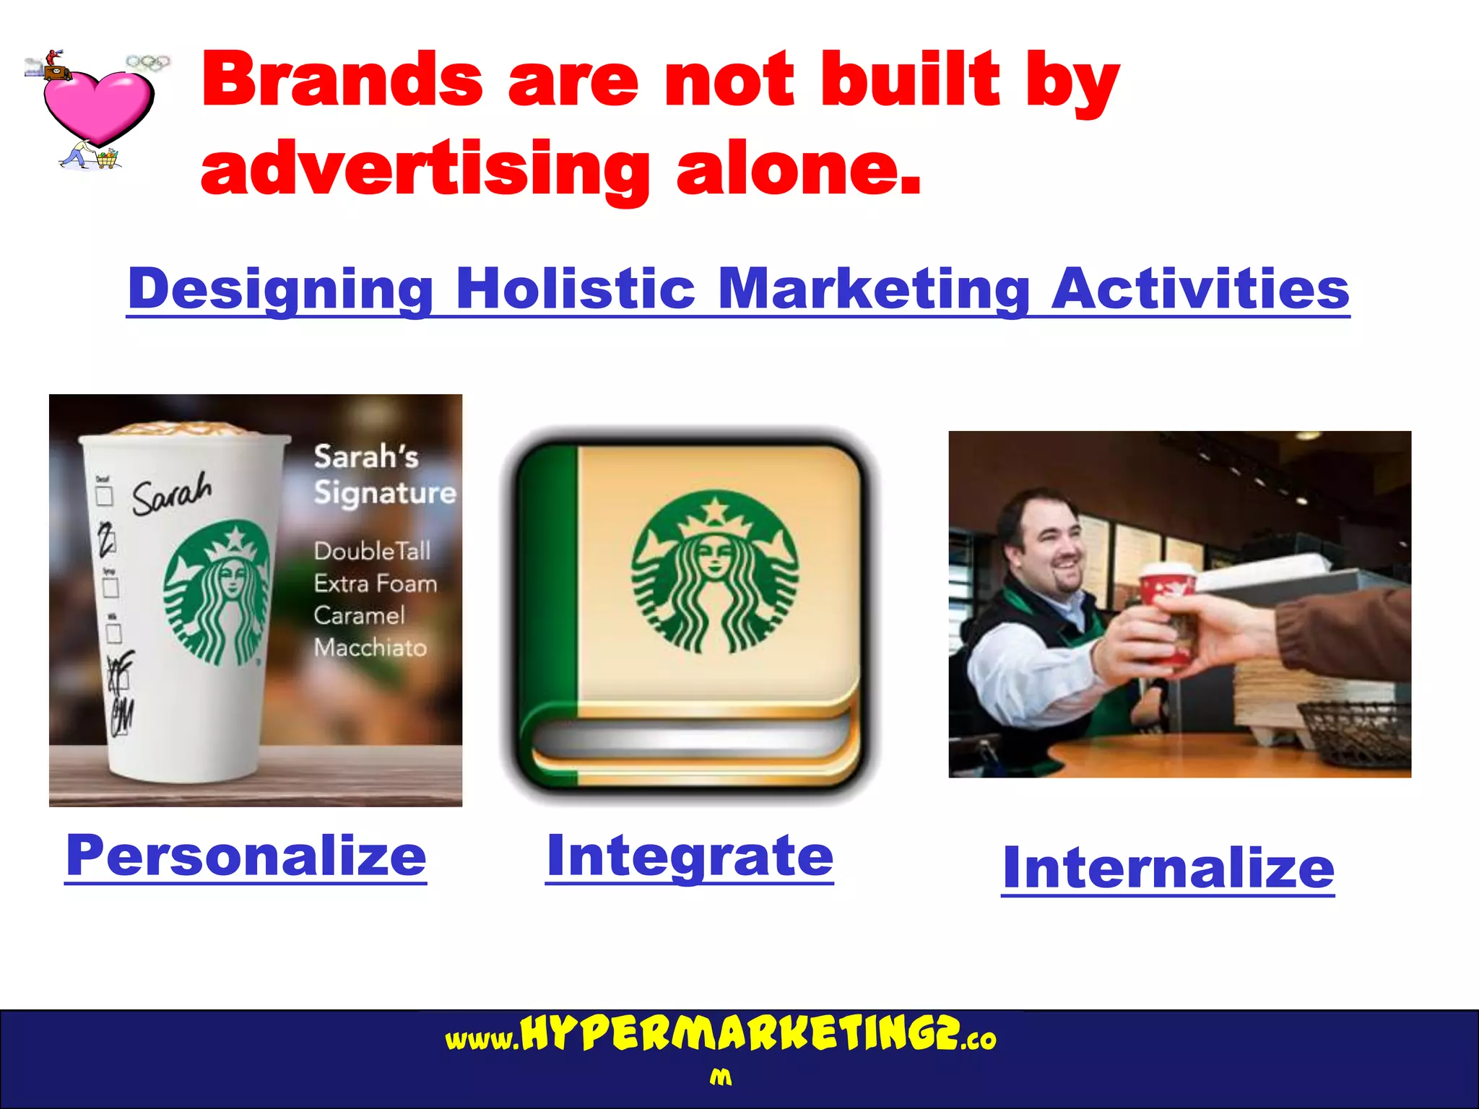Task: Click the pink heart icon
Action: (x=97, y=105)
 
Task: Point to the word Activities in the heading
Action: (x=1200, y=289)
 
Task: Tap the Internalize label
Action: (x=1168, y=868)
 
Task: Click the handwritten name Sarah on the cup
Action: (x=172, y=494)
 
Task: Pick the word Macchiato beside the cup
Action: (x=370, y=648)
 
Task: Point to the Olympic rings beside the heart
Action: (x=148, y=63)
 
